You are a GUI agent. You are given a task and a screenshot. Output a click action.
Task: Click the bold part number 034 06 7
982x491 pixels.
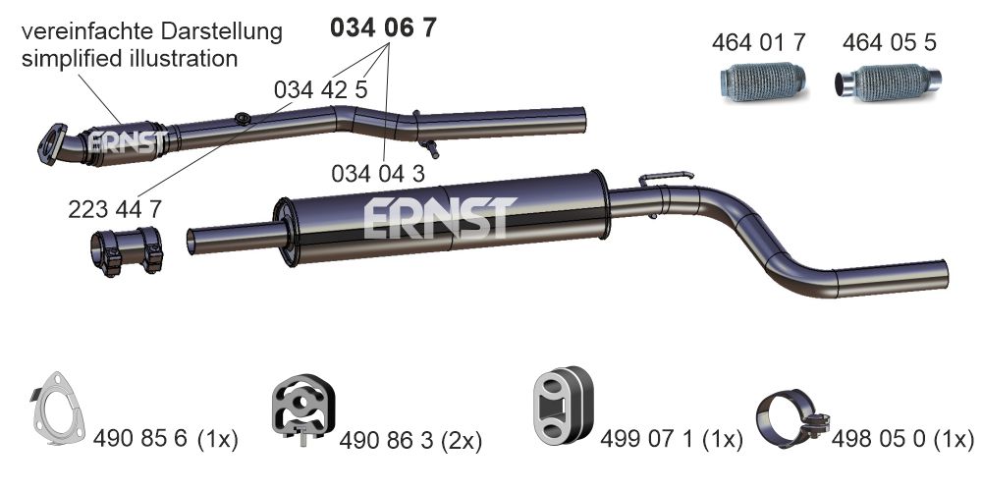(383, 27)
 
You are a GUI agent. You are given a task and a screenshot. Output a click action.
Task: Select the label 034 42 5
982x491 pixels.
(320, 89)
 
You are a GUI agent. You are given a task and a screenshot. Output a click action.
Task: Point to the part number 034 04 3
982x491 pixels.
(378, 174)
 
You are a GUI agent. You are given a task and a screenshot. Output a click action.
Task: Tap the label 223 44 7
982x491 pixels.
(115, 209)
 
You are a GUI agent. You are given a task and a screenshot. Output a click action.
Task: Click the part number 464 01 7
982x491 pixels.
(758, 42)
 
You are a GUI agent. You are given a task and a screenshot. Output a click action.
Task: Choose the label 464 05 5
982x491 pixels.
(890, 42)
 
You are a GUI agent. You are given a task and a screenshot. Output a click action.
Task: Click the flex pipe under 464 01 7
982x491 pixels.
(762, 82)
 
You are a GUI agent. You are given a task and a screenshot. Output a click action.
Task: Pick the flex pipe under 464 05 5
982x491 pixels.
(888, 82)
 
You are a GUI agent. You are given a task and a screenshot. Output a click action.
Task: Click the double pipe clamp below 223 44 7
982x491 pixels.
(127, 250)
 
